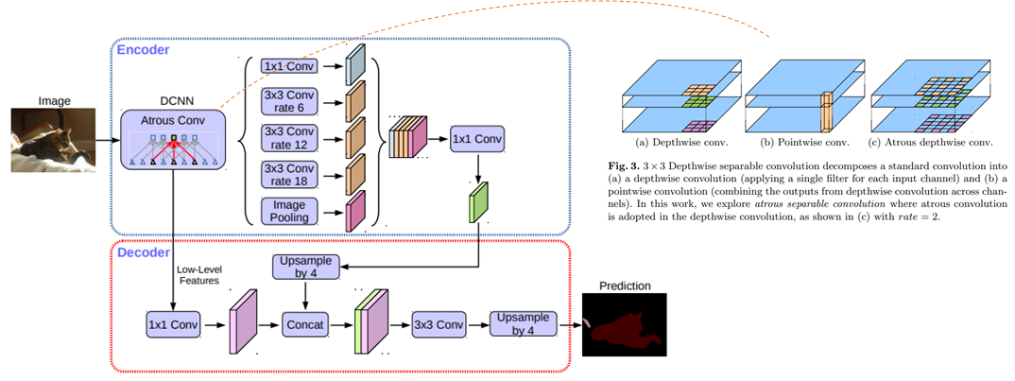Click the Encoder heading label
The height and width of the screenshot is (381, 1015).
142,47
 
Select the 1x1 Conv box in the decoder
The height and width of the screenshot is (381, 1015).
174,325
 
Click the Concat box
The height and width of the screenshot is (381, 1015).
304,325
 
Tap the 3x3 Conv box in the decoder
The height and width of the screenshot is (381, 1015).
439,325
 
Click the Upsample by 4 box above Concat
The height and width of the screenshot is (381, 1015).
303,267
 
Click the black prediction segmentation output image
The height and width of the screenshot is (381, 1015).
624,324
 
